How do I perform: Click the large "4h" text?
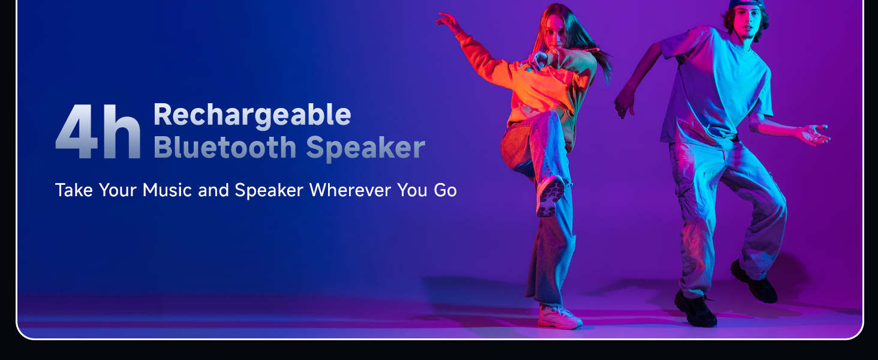(98, 132)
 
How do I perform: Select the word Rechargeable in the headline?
(252, 115)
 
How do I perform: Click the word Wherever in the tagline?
(350, 190)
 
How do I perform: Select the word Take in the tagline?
(74, 190)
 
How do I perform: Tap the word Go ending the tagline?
(445, 191)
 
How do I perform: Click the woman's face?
(557, 31)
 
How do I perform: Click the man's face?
(746, 22)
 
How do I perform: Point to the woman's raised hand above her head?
(448, 22)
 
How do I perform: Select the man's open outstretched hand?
(815, 134)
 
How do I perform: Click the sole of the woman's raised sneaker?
(551, 196)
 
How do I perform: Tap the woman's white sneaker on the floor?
(559, 316)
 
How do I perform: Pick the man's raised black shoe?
(753, 283)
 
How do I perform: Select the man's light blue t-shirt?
(717, 85)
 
